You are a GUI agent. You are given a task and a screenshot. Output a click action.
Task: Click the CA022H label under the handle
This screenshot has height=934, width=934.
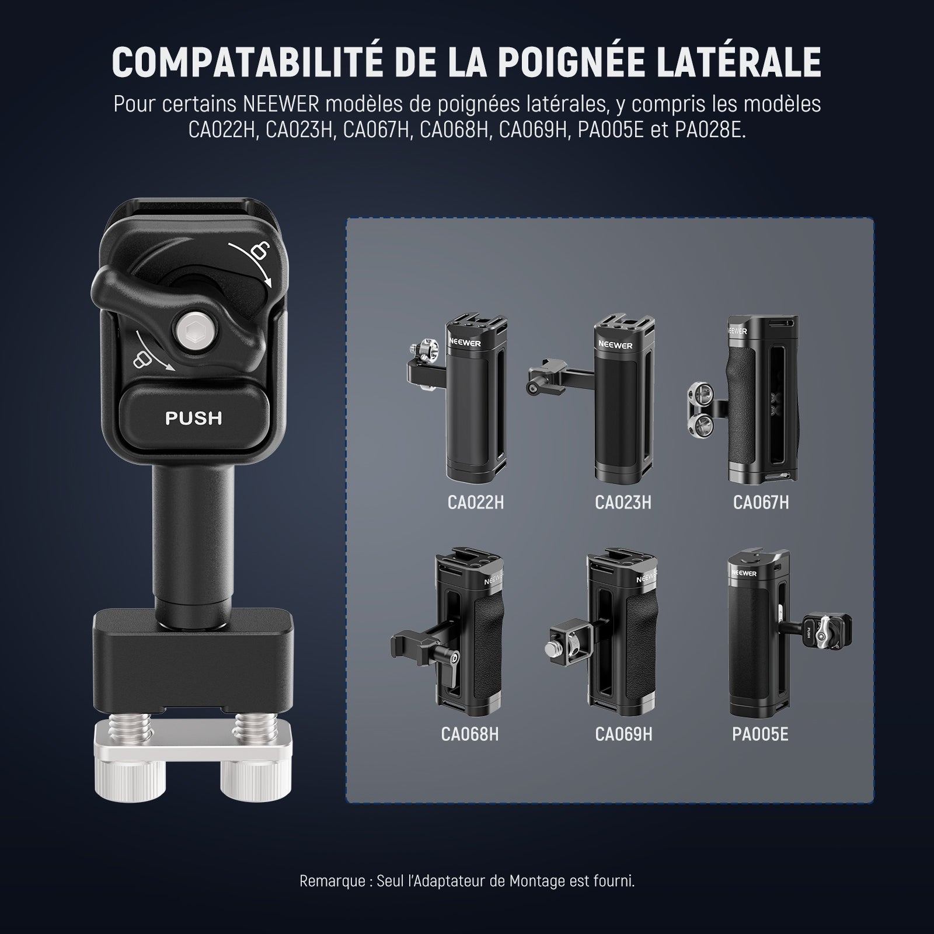(x=475, y=503)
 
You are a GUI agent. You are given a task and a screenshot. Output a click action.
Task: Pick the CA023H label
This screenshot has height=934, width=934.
(x=623, y=503)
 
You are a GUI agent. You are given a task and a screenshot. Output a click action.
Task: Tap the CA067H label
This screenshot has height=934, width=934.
(x=761, y=503)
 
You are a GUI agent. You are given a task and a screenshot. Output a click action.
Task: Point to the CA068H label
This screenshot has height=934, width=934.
(x=470, y=734)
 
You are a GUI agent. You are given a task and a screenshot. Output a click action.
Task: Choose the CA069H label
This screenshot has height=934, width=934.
(x=623, y=734)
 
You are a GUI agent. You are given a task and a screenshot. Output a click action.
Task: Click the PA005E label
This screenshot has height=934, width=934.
(x=760, y=734)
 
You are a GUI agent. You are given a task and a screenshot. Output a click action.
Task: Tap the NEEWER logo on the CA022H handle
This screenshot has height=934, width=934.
(x=465, y=343)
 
